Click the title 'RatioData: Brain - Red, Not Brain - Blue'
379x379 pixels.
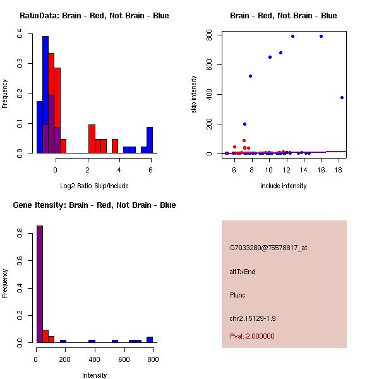pos(94,16)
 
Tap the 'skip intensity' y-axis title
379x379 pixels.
pos(194,95)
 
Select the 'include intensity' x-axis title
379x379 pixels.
pos(283,186)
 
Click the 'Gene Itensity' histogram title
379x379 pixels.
pos(95,205)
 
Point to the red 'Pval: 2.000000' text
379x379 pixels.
pos(252,336)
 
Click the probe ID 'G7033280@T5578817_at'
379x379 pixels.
pos(268,248)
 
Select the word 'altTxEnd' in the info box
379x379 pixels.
pos(243,272)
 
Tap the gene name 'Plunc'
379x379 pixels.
pos(238,295)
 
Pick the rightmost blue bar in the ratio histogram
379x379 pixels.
pos(150,140)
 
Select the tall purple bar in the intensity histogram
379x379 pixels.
pos(39,284)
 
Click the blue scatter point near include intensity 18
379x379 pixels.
pos(342,97)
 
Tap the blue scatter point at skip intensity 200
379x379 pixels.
pos(244,124)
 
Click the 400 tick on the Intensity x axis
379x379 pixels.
pos(95,360)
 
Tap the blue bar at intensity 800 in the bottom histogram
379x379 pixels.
pos(150,339)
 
